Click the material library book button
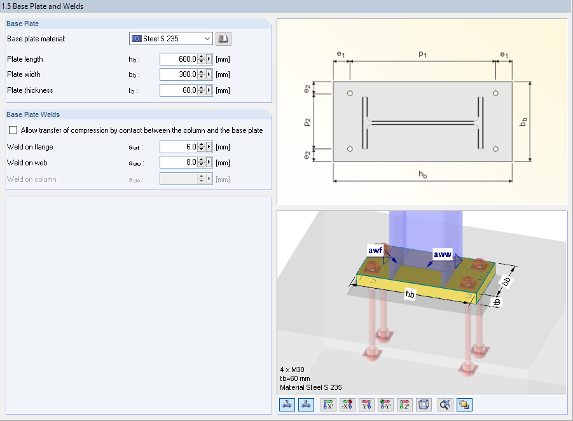[x=223, y=39]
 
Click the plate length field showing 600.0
[x=178, y=59]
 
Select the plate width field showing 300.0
[x=178, y=74]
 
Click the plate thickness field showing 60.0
[x=178, y=90]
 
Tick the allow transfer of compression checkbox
[x=13, y=130]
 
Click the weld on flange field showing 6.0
[x=178, y=147]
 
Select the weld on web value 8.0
[x=178, y=163]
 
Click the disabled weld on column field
[x=178, y=179]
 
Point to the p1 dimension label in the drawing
[x=422, y=55]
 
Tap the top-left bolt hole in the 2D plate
[x=350, y=94]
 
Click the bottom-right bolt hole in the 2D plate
[x=495, y=149]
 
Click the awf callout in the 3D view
[x=375, y=251]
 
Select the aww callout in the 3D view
[x=442, y=255]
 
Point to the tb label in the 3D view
[x=500, y=301]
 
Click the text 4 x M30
[x=293, y=369]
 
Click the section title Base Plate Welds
[x=33, y=114]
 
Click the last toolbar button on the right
[x=464, y=404]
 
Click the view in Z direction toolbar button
[x=405, y=404]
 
